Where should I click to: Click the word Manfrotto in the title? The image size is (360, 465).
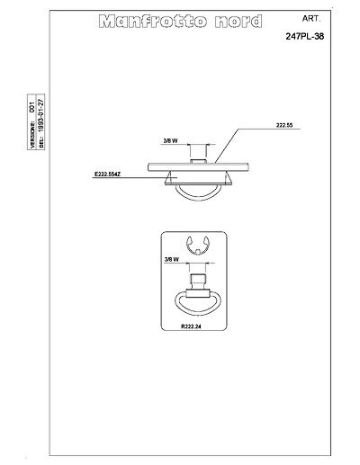(x=153, y=22)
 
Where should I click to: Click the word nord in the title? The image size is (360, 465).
(x=238, y=22)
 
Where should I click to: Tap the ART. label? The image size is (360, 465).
(x=311, y=19)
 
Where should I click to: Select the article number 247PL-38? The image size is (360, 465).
(x=305, y=36)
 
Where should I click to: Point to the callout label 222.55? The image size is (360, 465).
(x=284, y=125)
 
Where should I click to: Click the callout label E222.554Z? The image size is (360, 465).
(x=107, y=174)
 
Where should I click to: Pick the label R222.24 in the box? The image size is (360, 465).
(x=191, y=326)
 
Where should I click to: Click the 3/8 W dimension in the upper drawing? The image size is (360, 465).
(x=170, y=140)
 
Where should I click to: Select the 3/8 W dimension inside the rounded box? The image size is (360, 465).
(x=172, y=259)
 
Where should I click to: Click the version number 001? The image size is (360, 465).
(x=32, y=107)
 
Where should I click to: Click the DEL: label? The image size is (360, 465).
(x=41, y=142)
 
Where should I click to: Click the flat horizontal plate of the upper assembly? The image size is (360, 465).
(x=198, y=167)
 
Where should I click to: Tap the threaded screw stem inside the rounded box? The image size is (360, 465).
(x=198, y=282)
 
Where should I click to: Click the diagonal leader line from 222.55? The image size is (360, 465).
(x=227, y=146)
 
